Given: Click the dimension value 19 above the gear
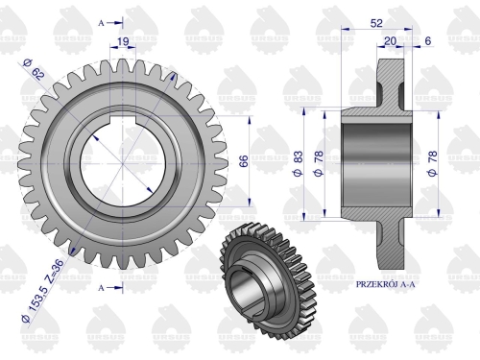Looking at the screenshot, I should pos(123,40).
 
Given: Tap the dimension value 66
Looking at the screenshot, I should pos(243,159).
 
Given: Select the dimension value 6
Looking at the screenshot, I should pos(426,40).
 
